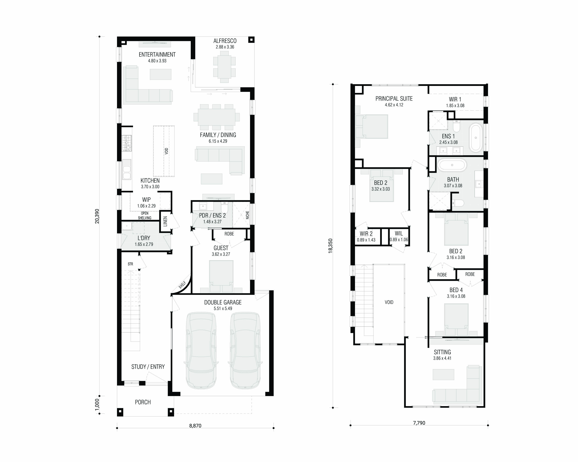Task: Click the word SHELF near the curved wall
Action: pos(182,285)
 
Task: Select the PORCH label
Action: pos(143,402)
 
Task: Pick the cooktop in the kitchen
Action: pos(127,143)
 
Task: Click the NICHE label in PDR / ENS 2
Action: pos(247,215)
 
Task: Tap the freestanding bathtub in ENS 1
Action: pos(476,138)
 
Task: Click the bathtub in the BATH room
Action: pos(452,165)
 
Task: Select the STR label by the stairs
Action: pos(130,264)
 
